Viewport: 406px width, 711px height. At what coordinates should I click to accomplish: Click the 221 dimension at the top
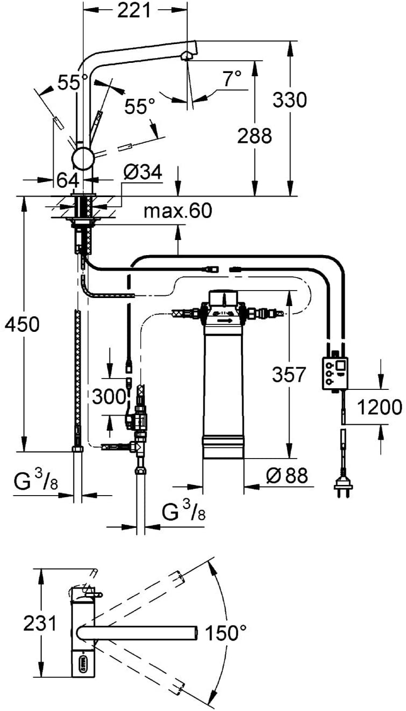coord(134,11)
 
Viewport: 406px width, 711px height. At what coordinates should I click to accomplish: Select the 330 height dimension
coord(290,100)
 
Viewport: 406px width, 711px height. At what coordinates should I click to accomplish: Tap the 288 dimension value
coord(255,136)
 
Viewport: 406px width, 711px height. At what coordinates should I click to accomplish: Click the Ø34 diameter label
coord(143,172)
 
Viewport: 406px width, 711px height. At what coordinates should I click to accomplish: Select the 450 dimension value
coord(22,324)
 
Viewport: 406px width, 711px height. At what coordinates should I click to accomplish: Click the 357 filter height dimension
coord(288,374)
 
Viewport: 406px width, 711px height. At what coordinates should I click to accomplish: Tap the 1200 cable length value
coord(380,407)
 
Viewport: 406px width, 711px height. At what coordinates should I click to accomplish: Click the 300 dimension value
coord(109,397)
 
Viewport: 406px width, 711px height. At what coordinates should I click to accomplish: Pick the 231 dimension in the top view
coord(40,623)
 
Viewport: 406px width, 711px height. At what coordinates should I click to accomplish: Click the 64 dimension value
coord(68,180)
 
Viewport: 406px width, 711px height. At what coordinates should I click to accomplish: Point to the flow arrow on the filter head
coord(226,321)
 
